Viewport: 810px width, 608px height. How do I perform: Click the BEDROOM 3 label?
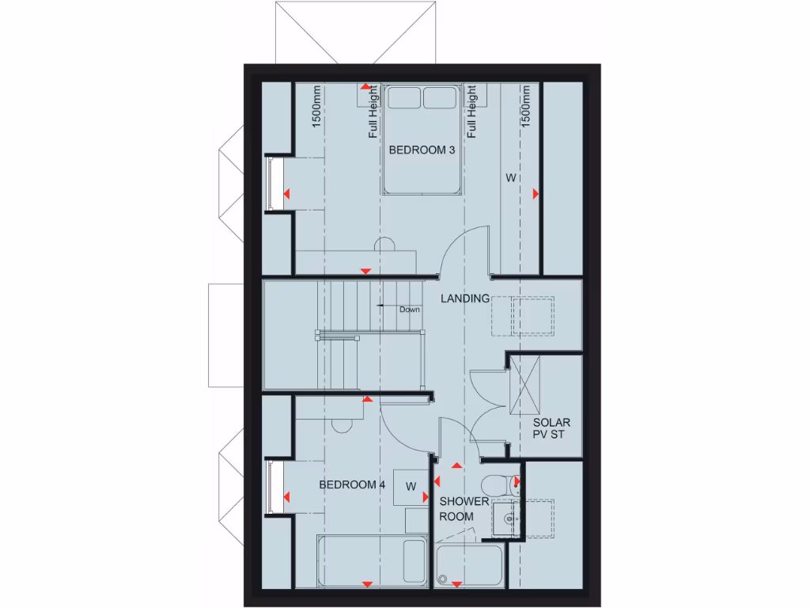pos(422,150)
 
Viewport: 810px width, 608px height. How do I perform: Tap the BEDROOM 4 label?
pos(352,484)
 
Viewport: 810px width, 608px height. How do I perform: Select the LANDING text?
pos(465,298)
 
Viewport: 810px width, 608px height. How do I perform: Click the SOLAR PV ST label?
pos(551,430)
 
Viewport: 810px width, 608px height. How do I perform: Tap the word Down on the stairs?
pos(410,309)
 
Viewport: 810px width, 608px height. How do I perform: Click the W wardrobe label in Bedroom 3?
pos(510,179)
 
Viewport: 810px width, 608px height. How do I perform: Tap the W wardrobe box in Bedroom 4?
pos(411,486)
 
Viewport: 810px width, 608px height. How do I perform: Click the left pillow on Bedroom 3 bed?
pos(404,97)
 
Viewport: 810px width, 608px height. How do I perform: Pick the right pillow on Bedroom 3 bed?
pos(441,97)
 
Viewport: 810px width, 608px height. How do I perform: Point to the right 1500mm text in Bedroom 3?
pos(526,108)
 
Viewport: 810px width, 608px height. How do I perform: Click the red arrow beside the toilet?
pos(516,481)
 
